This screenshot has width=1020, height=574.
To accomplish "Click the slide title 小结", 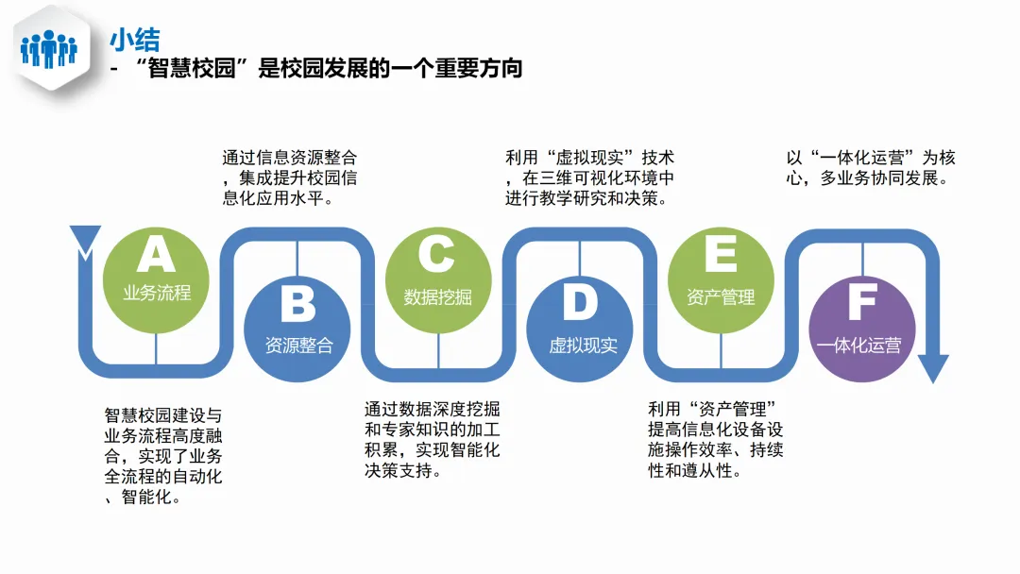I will click(134, 40).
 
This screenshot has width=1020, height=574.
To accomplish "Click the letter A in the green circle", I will click(157, 254).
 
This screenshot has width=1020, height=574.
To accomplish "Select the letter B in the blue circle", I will click(298, 304).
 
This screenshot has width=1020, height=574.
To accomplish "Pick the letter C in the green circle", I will click(437, 255).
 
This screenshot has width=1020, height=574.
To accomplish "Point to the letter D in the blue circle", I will click(580, 304).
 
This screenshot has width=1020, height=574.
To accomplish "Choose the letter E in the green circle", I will click(721, 255).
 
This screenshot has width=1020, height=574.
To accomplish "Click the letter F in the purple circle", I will click(861, 304).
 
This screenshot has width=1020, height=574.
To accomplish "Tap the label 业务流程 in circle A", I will click(157, 293).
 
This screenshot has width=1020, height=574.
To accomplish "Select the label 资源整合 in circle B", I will click(298, 345).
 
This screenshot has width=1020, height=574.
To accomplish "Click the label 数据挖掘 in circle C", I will click(437, 296).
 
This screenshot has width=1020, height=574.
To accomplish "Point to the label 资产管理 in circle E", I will click(721, 296).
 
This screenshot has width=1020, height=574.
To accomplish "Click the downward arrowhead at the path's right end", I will click(933, 369).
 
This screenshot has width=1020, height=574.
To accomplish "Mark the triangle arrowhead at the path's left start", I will click(85, 240).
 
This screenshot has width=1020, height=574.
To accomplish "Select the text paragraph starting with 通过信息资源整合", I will click(290, 177).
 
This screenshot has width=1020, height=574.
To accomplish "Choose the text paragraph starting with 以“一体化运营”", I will click(870, 167).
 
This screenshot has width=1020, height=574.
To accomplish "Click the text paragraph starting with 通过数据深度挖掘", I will click(433, 439).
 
